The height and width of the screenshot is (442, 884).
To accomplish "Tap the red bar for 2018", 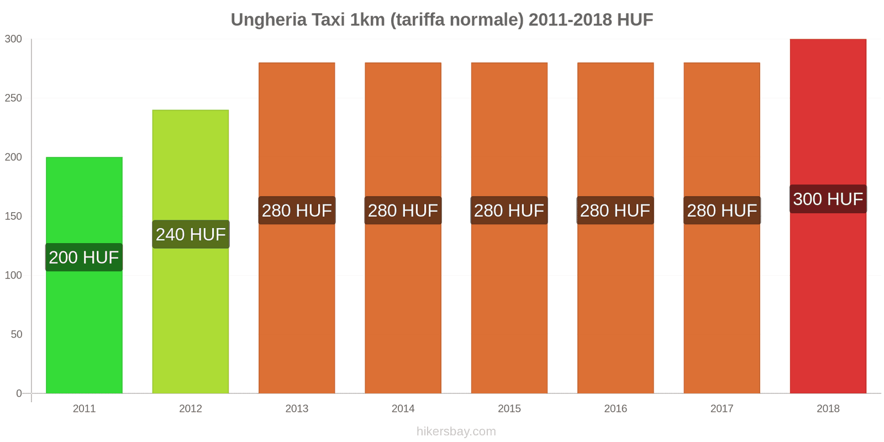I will pyautogui.click(x=828, y=304).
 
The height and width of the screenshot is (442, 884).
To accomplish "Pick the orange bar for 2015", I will pyautogui.click(x=509, y=304).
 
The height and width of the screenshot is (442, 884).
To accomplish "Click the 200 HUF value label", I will pyautogui.click(x=84, y=257).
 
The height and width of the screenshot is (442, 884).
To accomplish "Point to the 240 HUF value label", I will pyautogui.click(x=191, y=234).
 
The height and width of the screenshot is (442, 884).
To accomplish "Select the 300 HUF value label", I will pyautogui.click(x=828, y=199).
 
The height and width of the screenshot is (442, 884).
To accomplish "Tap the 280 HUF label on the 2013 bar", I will pyautogui.click(x=297, y=211).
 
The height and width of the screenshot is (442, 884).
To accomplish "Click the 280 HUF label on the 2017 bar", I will pyautogui.click(x=722, y=211).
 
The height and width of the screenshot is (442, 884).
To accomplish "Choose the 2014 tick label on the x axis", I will pyautogui.click(x=403, y=409).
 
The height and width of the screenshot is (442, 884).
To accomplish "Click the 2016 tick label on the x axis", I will pyautogui.click(x=615, y=409).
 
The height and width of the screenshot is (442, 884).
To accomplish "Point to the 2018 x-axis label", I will pyautogui.click(x=828, y=409).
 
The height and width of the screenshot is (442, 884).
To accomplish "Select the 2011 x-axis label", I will pyautogui.click(x=84, y=409).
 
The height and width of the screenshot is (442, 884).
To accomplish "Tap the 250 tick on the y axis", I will pyautogui.click(x=13, y=98).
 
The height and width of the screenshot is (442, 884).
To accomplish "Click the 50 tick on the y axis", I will pyautogui.click(x=16, y=334).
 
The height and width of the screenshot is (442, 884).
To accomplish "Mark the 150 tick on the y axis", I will pyautogui.click(x=13, y=216).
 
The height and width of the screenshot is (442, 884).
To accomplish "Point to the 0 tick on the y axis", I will pyautogui.click(x=19, y=393).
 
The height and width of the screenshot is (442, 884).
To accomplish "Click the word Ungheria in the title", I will pyautogui.click(x=269, y=20).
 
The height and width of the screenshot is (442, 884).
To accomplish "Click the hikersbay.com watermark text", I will pyautogui.click(x=456, y=432).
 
